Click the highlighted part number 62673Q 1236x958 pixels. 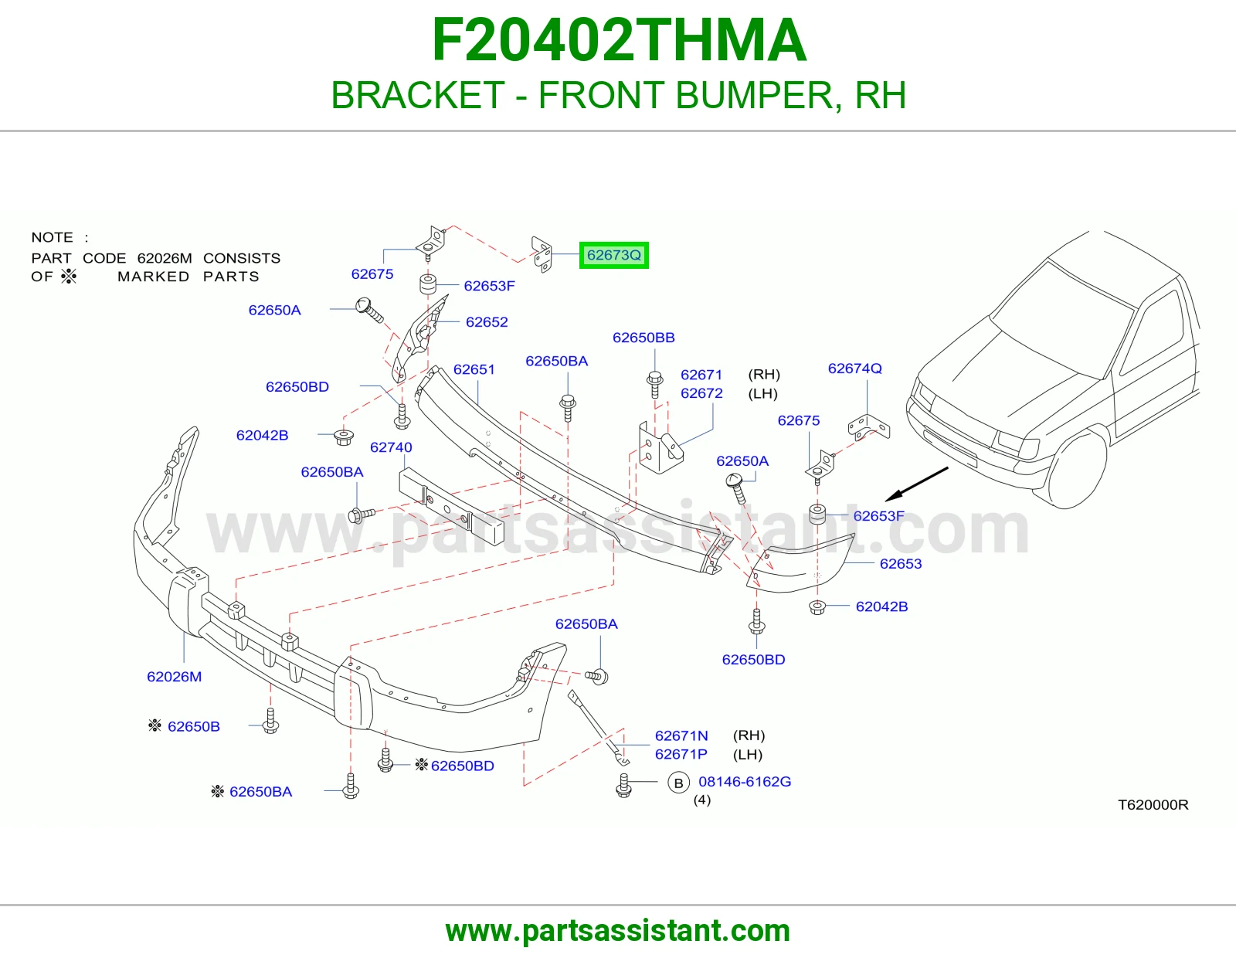point(613,255)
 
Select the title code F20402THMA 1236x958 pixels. point(619,40)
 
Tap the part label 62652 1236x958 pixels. point(487,322)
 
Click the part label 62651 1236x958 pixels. point(474,369)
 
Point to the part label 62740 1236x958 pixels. point(391,447)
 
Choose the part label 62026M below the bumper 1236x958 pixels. point(174,677)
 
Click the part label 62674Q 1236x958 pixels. point(855,368)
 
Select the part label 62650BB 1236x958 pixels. point(643,338)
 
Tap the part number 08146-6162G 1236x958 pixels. point(745,781)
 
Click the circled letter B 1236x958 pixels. point(678,783)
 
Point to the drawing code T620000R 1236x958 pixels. point(1153,804)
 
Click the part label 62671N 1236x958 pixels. point(681,735)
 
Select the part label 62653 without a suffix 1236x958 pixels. point(901,563)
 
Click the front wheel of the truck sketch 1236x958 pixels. point(1077,470)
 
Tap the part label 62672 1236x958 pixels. point(701,393)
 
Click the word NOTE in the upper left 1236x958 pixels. point(52,237)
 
